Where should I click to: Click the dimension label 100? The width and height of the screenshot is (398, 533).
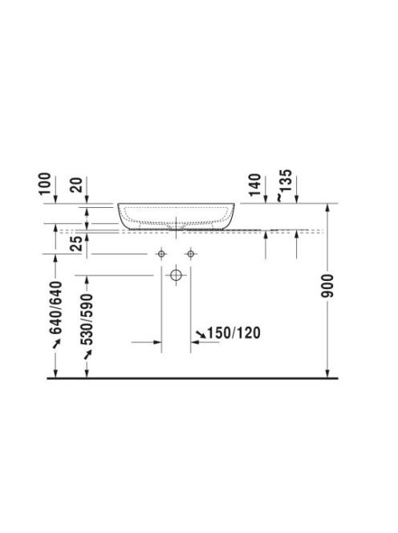coord(44,184)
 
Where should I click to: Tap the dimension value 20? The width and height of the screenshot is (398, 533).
coord(79,185)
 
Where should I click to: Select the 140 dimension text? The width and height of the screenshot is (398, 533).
coord(255,185)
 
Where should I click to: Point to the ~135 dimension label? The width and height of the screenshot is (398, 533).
coord(285,185)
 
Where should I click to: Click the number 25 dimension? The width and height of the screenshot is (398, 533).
coord(76,243)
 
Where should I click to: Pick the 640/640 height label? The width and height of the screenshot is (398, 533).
coord(56,308)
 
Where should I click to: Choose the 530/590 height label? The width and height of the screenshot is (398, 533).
coord(87,319)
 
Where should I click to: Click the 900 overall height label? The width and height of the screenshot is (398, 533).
coord(327,286)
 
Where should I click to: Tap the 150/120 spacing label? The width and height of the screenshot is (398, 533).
coord(234,333)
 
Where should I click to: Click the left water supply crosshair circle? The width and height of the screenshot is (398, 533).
coord(161,254)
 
